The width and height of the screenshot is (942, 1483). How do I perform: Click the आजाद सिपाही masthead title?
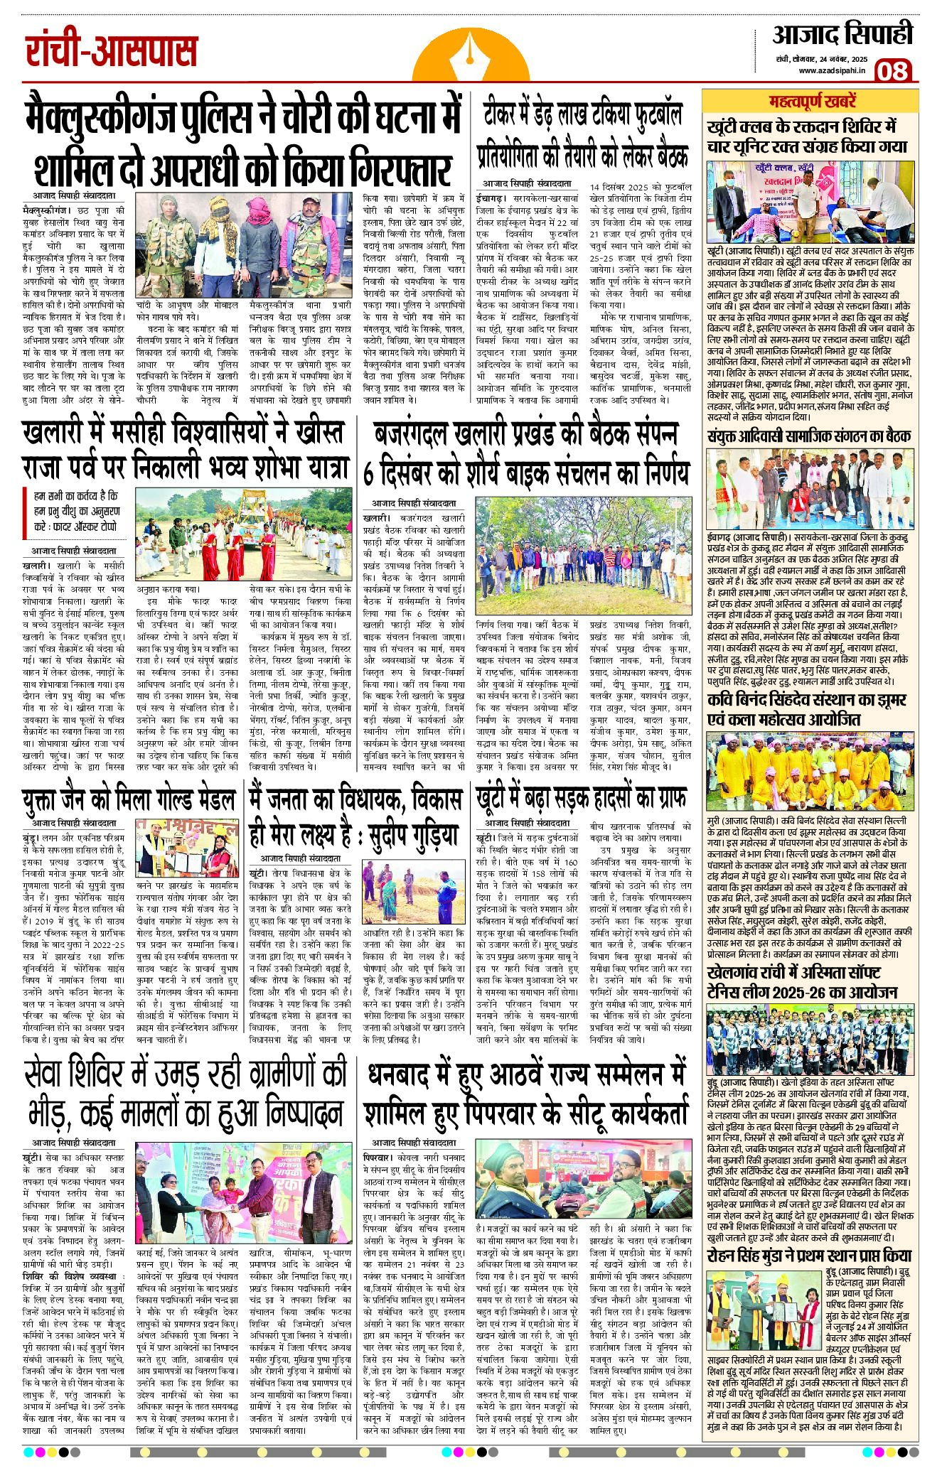click(842, 34)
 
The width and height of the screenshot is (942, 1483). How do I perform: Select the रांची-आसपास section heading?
click(112, 52)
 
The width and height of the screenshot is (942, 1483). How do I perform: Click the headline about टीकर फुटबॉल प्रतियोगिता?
click(583, 135)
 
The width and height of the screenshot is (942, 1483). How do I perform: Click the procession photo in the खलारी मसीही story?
click(244, 542)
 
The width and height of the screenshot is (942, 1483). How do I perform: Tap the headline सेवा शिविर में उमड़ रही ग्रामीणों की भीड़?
click(185, 1094)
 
